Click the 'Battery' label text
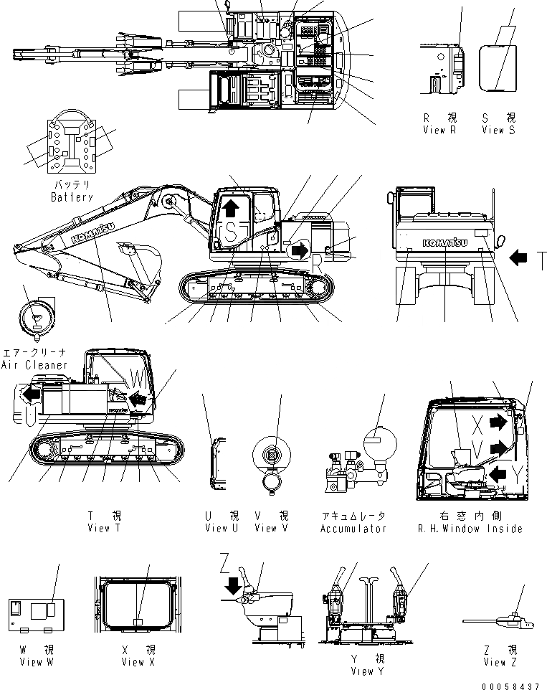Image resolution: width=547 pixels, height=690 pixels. [72, 197]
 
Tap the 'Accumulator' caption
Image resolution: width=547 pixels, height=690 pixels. [353, 529]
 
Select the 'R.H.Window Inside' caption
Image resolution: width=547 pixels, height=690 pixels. [471, 529]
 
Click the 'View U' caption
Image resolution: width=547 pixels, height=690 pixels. [216, 529]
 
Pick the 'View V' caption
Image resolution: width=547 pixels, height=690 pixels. [265, 529]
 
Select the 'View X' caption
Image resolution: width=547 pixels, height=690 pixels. [133, 662]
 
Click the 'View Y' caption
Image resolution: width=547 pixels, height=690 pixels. [367, 671]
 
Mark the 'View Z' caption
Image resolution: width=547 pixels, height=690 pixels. [500, 662]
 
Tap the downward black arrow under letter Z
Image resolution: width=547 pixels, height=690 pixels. [232, 585]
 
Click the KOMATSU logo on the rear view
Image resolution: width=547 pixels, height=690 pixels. [445, 242]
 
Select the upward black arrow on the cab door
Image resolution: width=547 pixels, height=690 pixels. [230, 208]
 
